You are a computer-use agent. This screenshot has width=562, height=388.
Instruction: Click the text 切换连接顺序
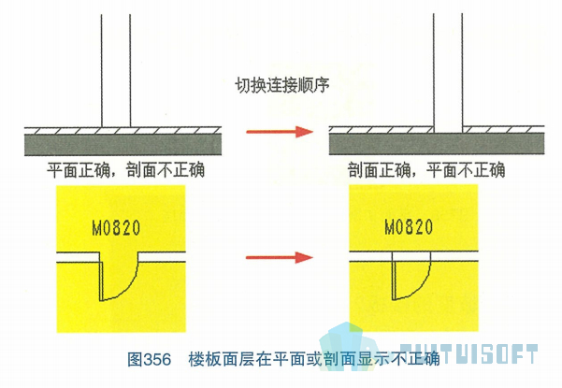[282, 85]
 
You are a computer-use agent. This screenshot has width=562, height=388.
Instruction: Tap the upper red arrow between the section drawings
[280, 132]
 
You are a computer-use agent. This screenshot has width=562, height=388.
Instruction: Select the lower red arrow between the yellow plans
[280, 257]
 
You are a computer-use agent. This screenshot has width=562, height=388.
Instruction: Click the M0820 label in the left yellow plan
[116, 228]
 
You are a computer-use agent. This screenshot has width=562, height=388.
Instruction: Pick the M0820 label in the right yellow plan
[409, 227]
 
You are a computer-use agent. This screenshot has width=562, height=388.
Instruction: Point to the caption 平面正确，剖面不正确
[125, 170]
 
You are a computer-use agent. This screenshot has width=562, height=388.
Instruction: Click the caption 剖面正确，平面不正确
[426, 169]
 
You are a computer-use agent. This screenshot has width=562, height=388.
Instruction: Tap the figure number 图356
[149, 359]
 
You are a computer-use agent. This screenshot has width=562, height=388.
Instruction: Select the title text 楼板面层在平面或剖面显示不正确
[314, 359]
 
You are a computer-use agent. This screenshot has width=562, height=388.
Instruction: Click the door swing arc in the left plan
[129, 288]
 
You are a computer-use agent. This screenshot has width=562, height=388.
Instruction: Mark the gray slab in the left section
[122, 145]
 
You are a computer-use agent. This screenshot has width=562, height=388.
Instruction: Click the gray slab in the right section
[437, 144]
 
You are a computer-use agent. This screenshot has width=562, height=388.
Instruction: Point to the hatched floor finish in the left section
[122, 130]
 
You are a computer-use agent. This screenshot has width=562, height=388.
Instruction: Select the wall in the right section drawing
[448, 73]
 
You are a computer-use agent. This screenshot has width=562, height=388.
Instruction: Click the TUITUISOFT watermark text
[468, 354]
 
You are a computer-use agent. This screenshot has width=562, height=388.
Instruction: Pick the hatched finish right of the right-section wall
[504, 129]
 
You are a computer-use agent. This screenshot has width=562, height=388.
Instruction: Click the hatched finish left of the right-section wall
[382, 129]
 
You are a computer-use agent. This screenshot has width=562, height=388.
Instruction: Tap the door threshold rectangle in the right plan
[411, 256]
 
